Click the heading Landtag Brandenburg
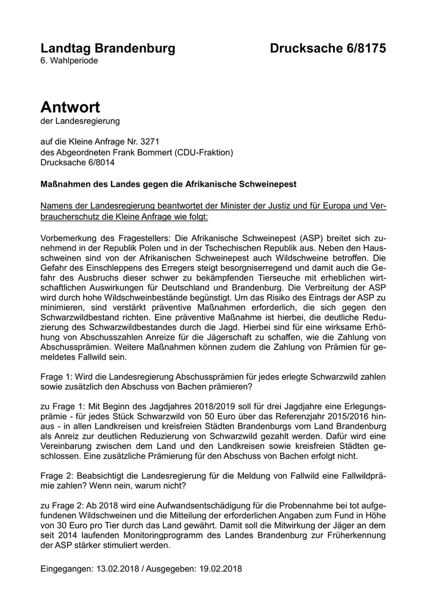107,49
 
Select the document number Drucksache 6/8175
328,49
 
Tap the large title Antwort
70,107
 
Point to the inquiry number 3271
149,141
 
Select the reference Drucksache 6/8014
77,163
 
